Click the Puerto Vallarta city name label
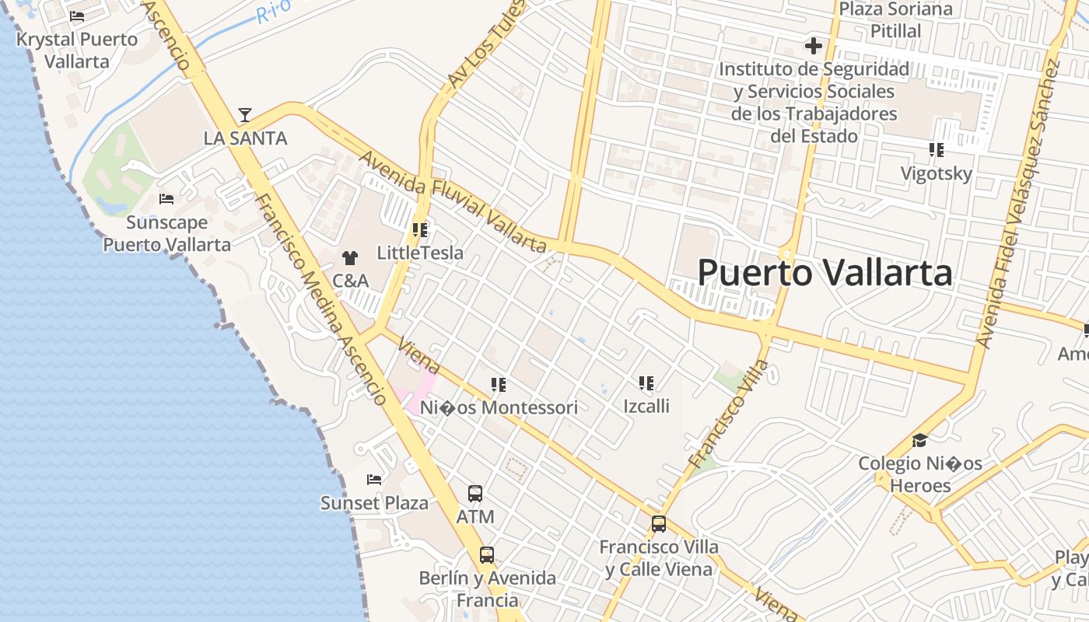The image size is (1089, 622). pyautogui.click(x=825, y=273)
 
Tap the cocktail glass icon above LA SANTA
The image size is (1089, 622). pyautogui.click(x=245, y=115)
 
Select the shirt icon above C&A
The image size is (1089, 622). pyautogui.click(x=350, y=258)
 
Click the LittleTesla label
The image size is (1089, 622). pyautogui.click(x=420, y=253)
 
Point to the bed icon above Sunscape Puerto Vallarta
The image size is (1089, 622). pyautogui.click(x=166, y=199)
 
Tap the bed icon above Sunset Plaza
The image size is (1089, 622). pyautogui.click(x=374, y=479)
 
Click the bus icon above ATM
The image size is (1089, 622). pyautogui.click(x=475, y=494)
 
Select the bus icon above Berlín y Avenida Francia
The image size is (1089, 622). pyautogui.click(x=487, y=555)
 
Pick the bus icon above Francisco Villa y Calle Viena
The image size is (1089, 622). pyautogui.click(x=659, y=524)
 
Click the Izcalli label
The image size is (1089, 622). pyautogui.click(x=646, y=406)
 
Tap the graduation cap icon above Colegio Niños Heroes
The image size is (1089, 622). pyautogui.click(x=920, y=441)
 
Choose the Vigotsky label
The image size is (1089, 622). pyautogui.click(x=937, y=173)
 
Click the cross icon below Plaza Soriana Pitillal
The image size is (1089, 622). pyautogui.click(x=814, y=46)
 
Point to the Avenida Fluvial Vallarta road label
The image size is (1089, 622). pyautogui.click(x=453, y=201)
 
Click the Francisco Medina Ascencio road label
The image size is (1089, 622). pyautogui.click(x=320, y=299)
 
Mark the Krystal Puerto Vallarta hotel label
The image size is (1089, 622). pyautogui.click(x=77, y=50)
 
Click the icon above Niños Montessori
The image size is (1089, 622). pyautogui.click(x=499, y=384)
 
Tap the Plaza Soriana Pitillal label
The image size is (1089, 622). pyautogui.click(x=896, y=20)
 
